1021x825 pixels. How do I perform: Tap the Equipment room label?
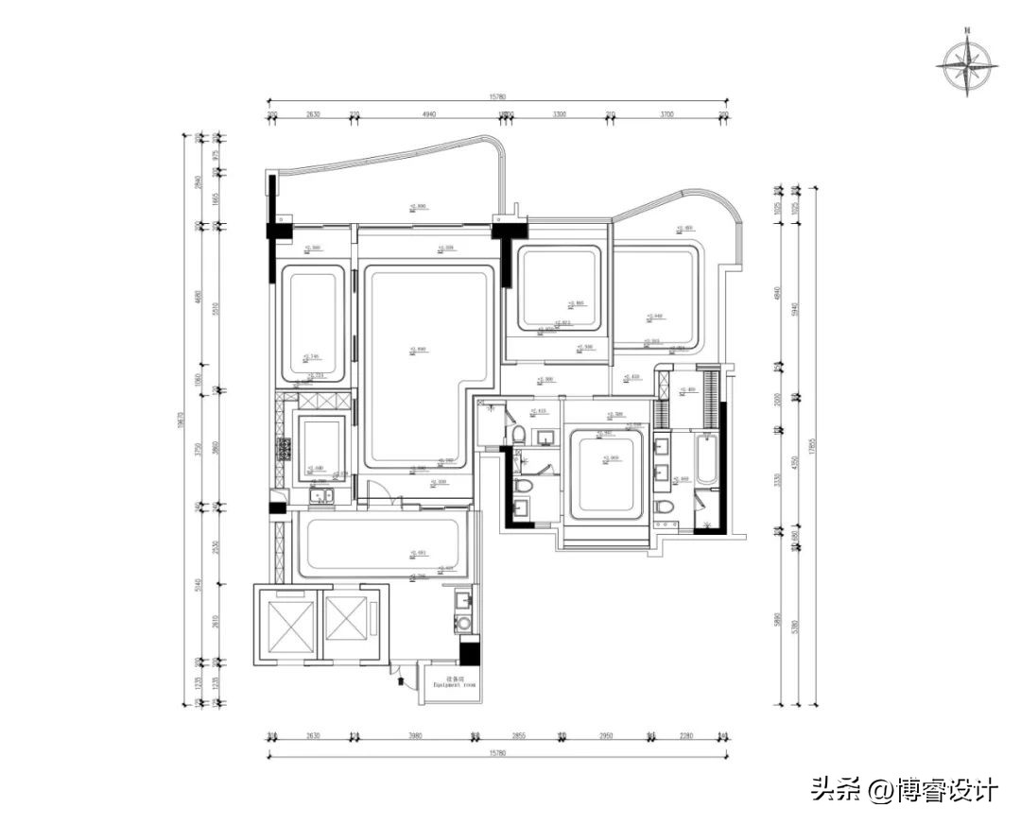pos(454,683)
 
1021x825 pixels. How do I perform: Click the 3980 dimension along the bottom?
pos(415,735)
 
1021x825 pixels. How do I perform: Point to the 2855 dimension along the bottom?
pos(520,735)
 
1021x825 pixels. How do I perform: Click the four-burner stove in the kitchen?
pos(281,448)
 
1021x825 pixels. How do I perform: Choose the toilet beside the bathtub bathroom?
pos(665,508)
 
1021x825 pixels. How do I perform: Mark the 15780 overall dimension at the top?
pos(498,96)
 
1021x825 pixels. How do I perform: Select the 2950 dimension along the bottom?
pos(606,735)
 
